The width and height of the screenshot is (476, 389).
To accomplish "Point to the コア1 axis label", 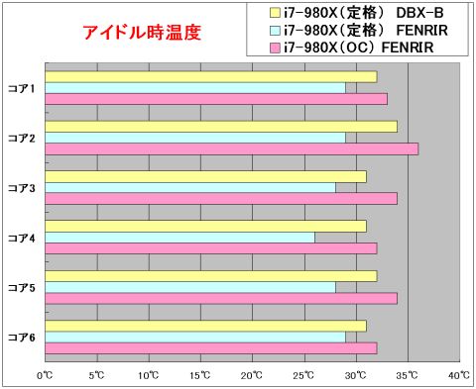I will pos(21,88).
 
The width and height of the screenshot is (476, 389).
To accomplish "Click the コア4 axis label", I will pos(21,238).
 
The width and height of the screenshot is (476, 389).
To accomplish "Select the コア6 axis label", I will pos(21,338).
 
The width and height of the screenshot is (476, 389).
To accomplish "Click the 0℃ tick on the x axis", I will pos(45,375).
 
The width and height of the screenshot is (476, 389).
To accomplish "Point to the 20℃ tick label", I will pos(253,375).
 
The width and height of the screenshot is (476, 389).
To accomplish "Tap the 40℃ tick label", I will pos(459,375).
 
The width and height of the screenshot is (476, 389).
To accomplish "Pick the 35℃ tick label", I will pos(408,375).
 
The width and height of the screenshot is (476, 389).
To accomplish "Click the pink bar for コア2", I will pos(231,148).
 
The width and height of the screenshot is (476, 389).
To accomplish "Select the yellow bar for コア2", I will pos(220,126).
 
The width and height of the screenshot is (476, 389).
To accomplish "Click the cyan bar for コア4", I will pos(179,237).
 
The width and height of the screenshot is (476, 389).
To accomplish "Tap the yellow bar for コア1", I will pos(210,76).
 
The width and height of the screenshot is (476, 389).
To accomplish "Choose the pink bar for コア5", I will pos(220,298).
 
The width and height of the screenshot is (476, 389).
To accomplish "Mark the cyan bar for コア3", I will pos(189,187).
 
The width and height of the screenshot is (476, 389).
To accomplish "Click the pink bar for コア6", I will pos(210,347).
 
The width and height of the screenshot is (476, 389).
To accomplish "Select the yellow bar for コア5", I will pos(210,275).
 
